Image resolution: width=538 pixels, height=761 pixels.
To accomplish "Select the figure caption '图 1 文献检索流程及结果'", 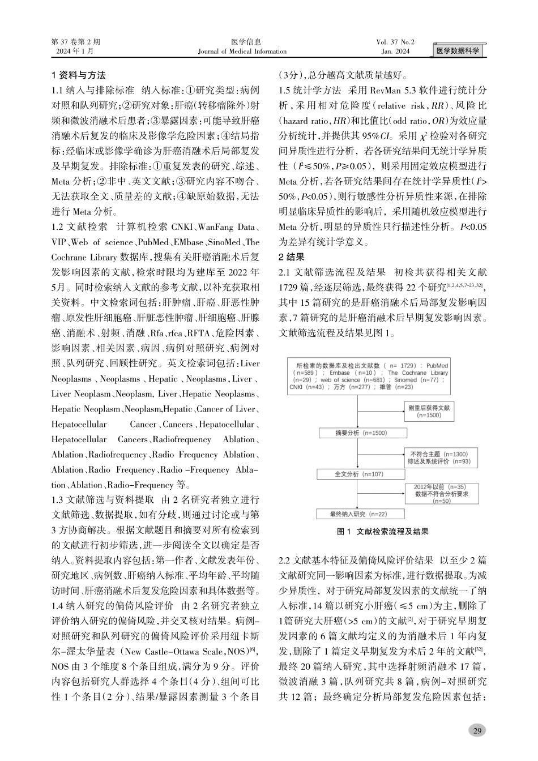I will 382,532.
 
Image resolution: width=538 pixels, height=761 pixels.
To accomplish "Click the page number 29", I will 477,731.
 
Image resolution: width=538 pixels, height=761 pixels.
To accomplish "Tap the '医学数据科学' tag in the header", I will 458,51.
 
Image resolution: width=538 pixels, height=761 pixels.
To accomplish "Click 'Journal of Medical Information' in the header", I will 242,52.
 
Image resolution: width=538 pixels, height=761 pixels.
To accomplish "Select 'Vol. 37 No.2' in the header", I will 395,42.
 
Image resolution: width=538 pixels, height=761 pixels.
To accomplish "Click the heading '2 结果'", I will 292,256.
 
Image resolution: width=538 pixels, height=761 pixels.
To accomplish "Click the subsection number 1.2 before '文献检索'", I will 58,226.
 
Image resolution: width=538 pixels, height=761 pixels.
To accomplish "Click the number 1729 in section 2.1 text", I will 291,287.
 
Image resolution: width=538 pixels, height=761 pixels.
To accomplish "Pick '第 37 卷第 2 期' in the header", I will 75,42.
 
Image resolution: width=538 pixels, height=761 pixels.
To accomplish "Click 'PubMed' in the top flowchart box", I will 437,366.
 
